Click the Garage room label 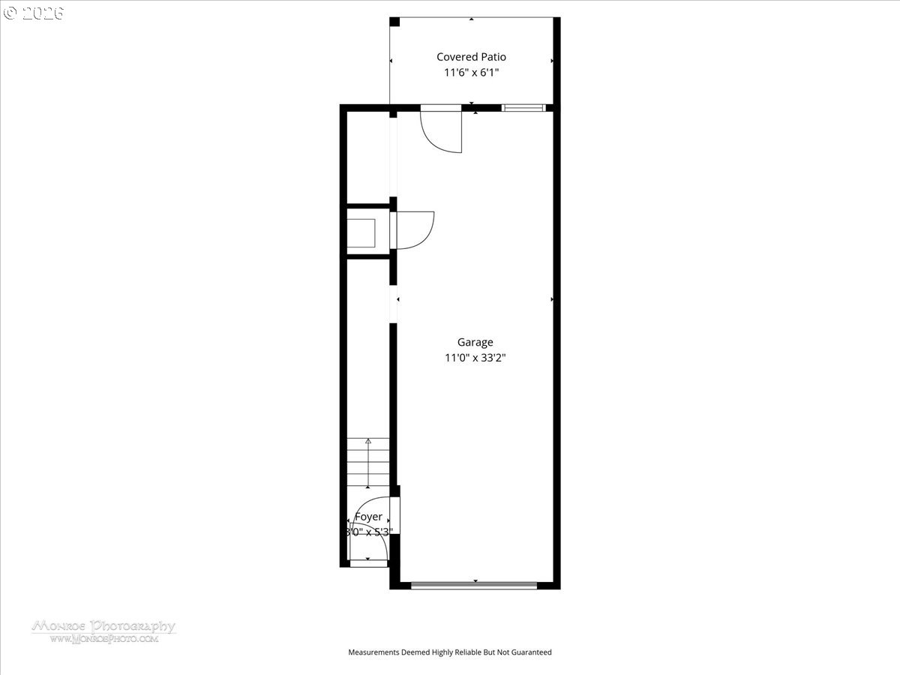pos(475,343)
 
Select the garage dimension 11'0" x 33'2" pos(475,358)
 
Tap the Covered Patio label pos(471,57)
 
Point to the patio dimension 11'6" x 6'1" pos(471,73)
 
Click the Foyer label pos(368,517)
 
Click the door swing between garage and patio pos(441,131)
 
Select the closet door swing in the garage pos(414,229)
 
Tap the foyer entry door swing pos(367,532)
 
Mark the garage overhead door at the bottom pos(474,586)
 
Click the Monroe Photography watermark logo pos(103,626)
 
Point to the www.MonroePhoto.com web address pos(103,639)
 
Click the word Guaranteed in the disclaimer pos(529,652)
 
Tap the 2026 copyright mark pos(33,13)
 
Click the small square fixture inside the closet pos(362,232)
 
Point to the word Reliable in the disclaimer pos(461,652)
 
